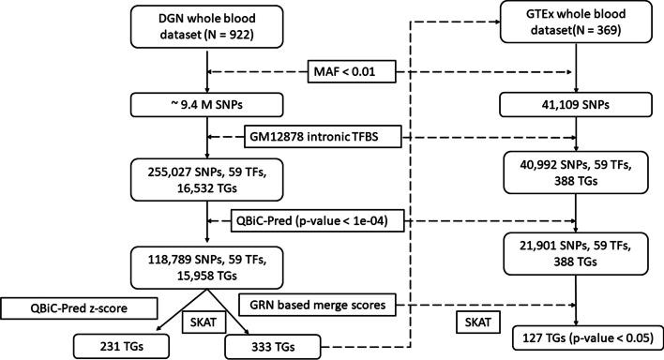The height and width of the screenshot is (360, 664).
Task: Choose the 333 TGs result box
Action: pos(272,345)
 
